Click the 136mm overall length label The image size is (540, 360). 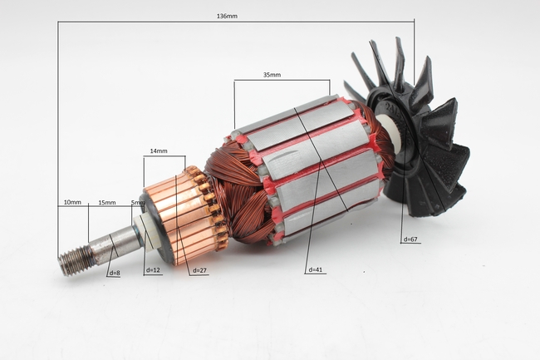(x=227, y=16)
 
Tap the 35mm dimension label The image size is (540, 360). (x=272, y=75)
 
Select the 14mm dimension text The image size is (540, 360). (x=159, y=150)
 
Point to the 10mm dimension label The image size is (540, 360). (x=72, y=202)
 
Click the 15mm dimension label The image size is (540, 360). (x=107, y=203)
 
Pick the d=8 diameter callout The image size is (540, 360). (x=115, y=274)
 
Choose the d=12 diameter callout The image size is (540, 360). (x=153, y=270)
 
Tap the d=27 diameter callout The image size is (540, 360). (x=199, y=270)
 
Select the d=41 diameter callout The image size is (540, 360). (x=316, y=269)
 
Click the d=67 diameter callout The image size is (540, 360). (x=410, y=239)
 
